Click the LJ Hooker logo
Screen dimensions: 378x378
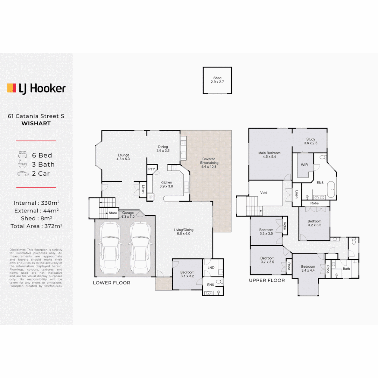pos(36,89)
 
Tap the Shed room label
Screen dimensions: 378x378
pos(217,80)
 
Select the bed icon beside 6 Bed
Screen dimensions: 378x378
pos(23,155)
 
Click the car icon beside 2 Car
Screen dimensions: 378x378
pos(23,174)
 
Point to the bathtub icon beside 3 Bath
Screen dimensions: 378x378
pos(23,164)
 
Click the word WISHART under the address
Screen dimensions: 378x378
pos(36,124)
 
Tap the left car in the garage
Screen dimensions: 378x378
pos(110,248)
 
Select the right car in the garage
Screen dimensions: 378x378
pos(141,248)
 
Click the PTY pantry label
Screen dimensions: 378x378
pos(152,169)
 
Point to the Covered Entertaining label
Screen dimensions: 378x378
pos(209,163)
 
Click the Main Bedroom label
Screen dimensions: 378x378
pos(269,155)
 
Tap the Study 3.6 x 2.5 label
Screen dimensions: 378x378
pos(310,141)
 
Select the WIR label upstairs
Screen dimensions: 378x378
pos(304,165)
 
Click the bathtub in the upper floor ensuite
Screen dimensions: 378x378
pos(331,189)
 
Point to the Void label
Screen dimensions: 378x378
pos(264,192)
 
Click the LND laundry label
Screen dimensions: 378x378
pos(211,268)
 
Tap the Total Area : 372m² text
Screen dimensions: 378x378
pos(36,226)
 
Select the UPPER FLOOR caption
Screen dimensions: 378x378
pos(267,280)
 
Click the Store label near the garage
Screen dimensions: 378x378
pos(113,213)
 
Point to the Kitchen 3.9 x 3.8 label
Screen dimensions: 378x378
pos(166,184)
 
